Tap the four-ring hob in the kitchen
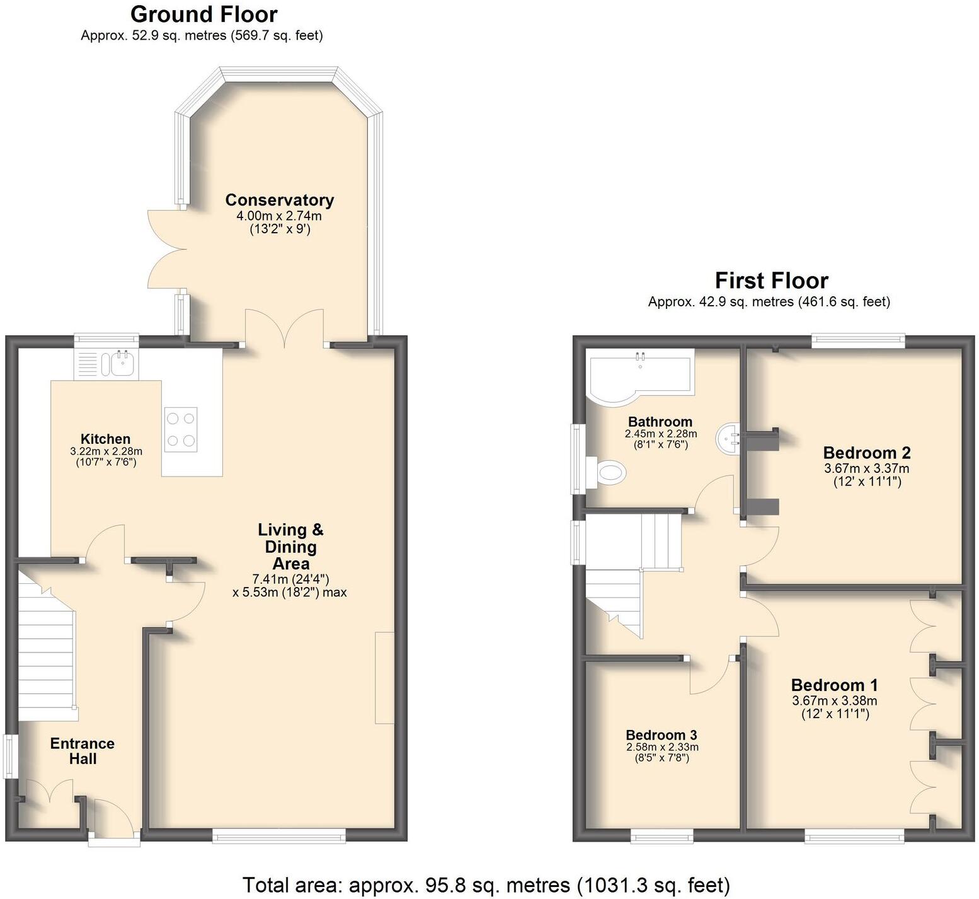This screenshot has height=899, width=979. [181, 429]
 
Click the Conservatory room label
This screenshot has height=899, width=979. [279, 200]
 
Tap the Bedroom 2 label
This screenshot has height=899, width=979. [866, 453]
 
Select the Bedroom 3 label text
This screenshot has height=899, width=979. [661, 735]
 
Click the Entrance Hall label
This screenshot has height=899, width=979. [83, 751]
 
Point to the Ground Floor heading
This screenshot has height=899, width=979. [203, 14]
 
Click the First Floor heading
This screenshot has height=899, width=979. [771, 281]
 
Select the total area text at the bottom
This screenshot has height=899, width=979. [486, 885]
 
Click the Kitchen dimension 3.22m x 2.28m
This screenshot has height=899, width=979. [106, 451]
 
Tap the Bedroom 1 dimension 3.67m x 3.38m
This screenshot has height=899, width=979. [834, 700]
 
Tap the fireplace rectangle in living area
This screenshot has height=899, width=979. [384, 677]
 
